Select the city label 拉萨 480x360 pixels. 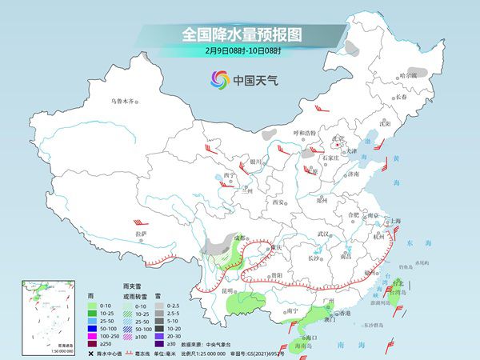142,234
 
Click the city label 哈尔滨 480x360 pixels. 408,75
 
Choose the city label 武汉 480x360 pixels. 323,233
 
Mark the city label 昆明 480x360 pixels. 230,290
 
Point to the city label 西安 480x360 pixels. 279,203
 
